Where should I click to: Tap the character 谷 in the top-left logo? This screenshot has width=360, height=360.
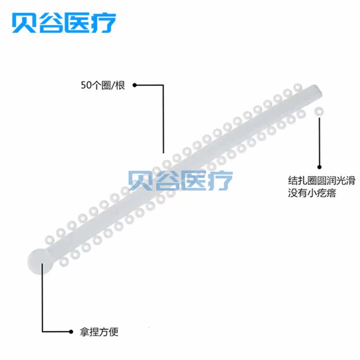click(x=51, y=23)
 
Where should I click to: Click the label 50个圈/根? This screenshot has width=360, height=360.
click(x=103, y=86)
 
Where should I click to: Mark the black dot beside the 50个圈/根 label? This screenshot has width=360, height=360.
click(x=135, y=85)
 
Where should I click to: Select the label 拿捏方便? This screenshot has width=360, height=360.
click(x=98, y=331)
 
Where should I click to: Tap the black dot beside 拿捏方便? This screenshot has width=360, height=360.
click(x=71, y=331)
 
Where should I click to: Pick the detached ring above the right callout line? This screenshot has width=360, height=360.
click(x=317, y=111)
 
